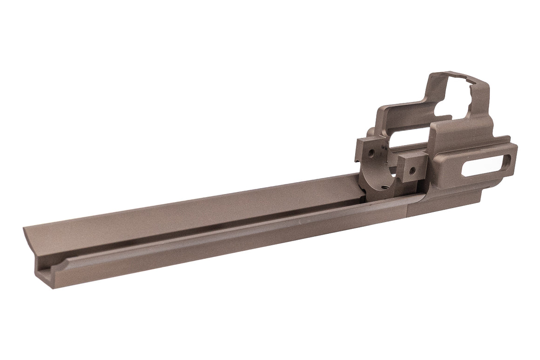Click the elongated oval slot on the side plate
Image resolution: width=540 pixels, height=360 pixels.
click(x=486, y=164)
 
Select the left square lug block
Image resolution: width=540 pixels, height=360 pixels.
click(x=368, y=151)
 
